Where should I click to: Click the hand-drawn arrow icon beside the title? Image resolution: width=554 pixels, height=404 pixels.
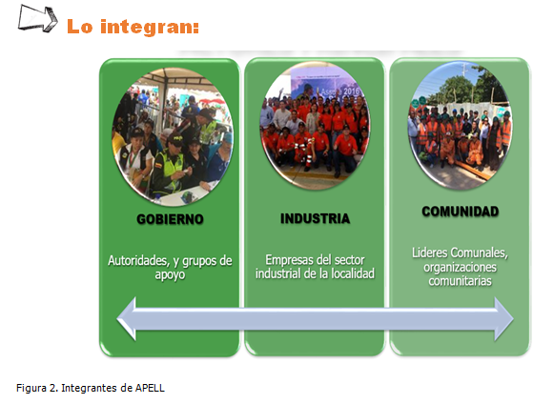coord(37,18)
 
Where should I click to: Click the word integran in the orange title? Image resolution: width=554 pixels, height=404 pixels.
coord(150,28)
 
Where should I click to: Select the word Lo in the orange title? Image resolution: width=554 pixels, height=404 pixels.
coord(80,27)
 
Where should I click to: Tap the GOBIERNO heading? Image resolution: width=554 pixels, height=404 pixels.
coord(170,219)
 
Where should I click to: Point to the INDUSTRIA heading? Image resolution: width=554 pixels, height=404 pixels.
coord(316,218)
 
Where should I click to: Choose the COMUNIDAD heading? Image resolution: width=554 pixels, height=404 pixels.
coord(460,212)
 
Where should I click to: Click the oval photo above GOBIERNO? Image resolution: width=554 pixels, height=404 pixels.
coord(173,136)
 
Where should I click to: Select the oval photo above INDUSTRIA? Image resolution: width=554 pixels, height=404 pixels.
coord(315,126)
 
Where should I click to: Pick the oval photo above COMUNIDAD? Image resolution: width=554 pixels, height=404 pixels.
coord(460,126)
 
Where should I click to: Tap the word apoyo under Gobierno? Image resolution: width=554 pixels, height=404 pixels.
coord(170,275)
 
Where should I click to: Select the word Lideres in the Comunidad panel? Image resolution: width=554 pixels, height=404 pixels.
coord(429,252)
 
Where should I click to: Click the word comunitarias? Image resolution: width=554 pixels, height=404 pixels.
coord(460,281)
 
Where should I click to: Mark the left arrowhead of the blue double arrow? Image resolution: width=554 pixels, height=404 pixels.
coord(126,319)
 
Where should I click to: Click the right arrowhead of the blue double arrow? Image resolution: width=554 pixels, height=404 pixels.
coord(503,319)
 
